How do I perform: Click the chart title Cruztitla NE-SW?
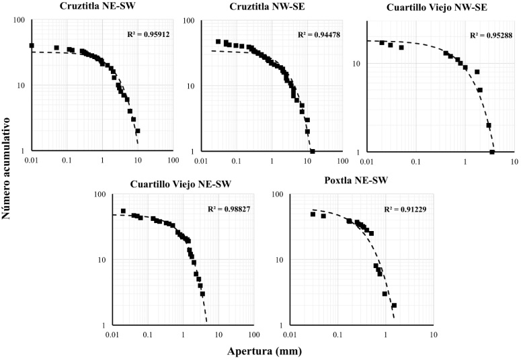coord(89,6)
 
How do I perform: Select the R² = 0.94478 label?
coord(319,34)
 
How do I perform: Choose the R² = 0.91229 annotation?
coord(406,209)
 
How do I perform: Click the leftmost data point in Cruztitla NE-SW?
coord(32,46)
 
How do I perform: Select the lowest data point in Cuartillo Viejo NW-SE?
coord(492,152)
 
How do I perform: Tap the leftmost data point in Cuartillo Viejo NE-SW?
coord(123,211)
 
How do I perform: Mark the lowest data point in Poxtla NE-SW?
coord(394,306)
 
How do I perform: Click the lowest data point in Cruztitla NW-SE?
coord(313,151)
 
